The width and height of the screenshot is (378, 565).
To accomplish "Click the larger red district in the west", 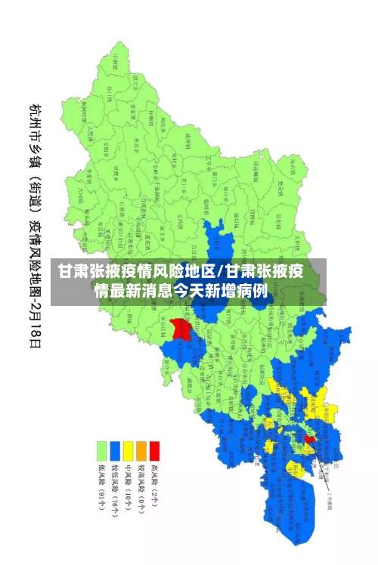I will click(180, 329).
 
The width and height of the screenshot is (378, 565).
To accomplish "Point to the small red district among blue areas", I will click(309, 438).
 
